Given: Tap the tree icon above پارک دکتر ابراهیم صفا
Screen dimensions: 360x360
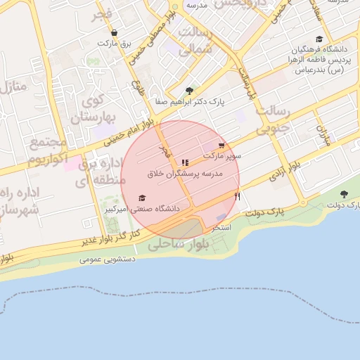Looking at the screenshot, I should (189, 91).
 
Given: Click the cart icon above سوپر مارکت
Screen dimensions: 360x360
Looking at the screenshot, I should (222, 146).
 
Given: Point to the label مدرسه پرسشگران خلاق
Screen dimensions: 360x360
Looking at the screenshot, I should (185, 173).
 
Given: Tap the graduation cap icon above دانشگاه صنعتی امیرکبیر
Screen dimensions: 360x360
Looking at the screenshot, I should (142, 198).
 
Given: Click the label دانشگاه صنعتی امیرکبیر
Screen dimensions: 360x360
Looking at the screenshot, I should (142, 209).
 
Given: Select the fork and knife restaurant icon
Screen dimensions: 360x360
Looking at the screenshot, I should (185, 162).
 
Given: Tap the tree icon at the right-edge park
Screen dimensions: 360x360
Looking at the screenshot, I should (343, 194).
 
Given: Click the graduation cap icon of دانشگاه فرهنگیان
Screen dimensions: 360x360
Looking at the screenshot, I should (319, 39).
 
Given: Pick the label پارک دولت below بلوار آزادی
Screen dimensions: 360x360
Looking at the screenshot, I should (268, 211).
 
